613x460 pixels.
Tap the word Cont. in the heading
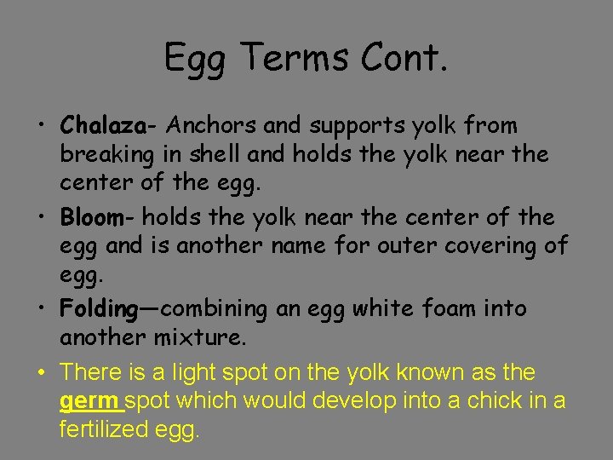click(404, 58)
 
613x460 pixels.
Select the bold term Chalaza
click(103, 126)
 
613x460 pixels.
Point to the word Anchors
click(212, 126)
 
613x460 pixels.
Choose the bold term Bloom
click(92, 218)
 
